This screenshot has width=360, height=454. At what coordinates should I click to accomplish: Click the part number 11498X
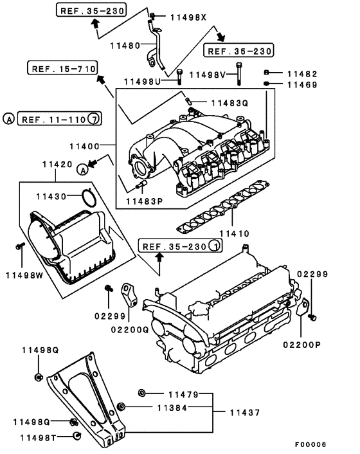pyautogui.click(x=188, y=17)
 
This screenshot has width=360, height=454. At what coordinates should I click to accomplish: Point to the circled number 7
pyautogui.click(x=94, y=119)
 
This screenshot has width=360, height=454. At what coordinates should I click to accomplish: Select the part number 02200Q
pyautogui.click(x=130, y=329)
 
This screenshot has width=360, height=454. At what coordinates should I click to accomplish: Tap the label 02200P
pyautogui.click(x=301, y=345)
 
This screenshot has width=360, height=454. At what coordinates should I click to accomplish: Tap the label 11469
pyautogui.click(x=302, y=84)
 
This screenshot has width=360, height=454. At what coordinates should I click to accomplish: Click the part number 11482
pyautogui.click(x=302, y=73)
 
